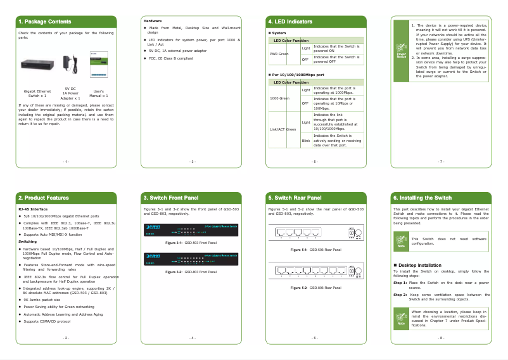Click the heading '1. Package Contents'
tap(44, 22)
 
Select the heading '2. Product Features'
tap(44, 198)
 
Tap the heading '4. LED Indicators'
tap(290, 22)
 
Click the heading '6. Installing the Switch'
tap(422, 198)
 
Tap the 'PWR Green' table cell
tap(279, 54)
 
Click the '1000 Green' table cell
tap(279, 98)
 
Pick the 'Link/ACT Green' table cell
tap(283, 129)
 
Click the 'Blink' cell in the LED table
tap(306, 140)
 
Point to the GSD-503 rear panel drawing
tap(315, 233)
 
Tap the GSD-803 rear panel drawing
tap(315, 271)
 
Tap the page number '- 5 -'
tap(315, 162)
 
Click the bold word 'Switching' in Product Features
tap(28, 241)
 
